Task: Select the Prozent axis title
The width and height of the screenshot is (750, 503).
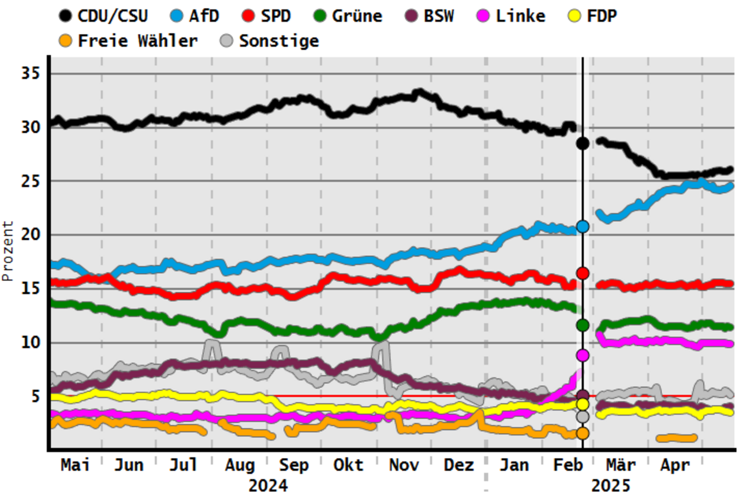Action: click(8, 251)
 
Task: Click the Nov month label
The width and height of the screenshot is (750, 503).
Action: click(404, 465)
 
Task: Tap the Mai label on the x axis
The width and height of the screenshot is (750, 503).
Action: click(76, 465)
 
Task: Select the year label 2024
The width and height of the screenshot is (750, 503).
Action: click(268, 486)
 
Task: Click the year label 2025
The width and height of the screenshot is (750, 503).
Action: click(611, 486)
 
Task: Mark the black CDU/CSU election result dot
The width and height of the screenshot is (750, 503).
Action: click(583, 143)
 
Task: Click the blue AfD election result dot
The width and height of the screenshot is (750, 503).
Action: click(583, 226)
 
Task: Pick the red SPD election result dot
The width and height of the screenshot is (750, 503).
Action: click(583, 273)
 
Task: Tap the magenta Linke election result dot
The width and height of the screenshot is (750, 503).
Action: click(583, 355)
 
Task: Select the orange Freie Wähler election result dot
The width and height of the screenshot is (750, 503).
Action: click(583, 433)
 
